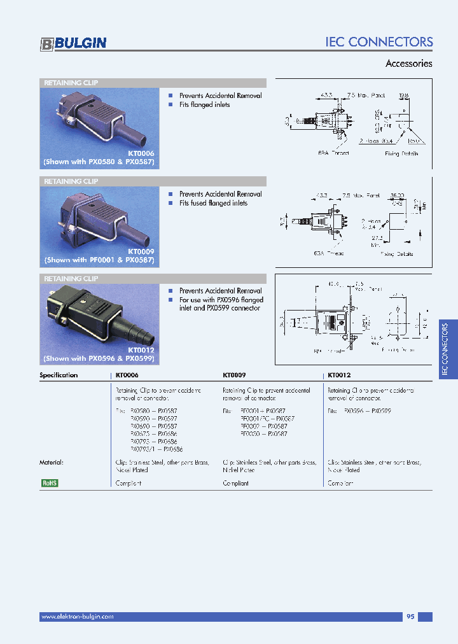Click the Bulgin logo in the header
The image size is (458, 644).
73,43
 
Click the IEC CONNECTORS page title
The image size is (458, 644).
379,42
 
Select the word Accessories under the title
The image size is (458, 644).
409,64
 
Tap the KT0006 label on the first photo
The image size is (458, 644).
141,153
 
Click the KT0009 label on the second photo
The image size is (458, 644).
141,251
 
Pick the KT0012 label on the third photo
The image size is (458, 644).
141,350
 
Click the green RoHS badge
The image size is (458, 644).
49,483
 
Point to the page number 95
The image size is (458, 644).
410,617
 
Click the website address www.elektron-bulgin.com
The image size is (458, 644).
77,617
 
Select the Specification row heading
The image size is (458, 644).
59,375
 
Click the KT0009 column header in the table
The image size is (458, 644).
234,375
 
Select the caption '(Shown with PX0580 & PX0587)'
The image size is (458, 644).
99,162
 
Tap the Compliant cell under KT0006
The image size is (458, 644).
128,483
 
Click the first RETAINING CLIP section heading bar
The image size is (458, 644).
153,83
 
